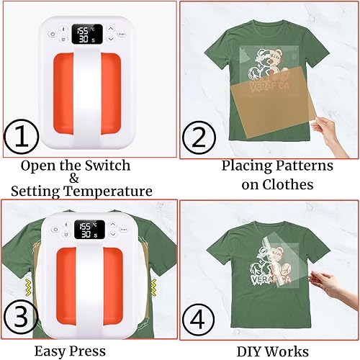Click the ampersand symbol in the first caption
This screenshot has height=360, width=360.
pos(76,179)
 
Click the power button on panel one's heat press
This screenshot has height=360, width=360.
pos(53,33)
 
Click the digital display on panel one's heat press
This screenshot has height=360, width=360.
pos(85,35)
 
